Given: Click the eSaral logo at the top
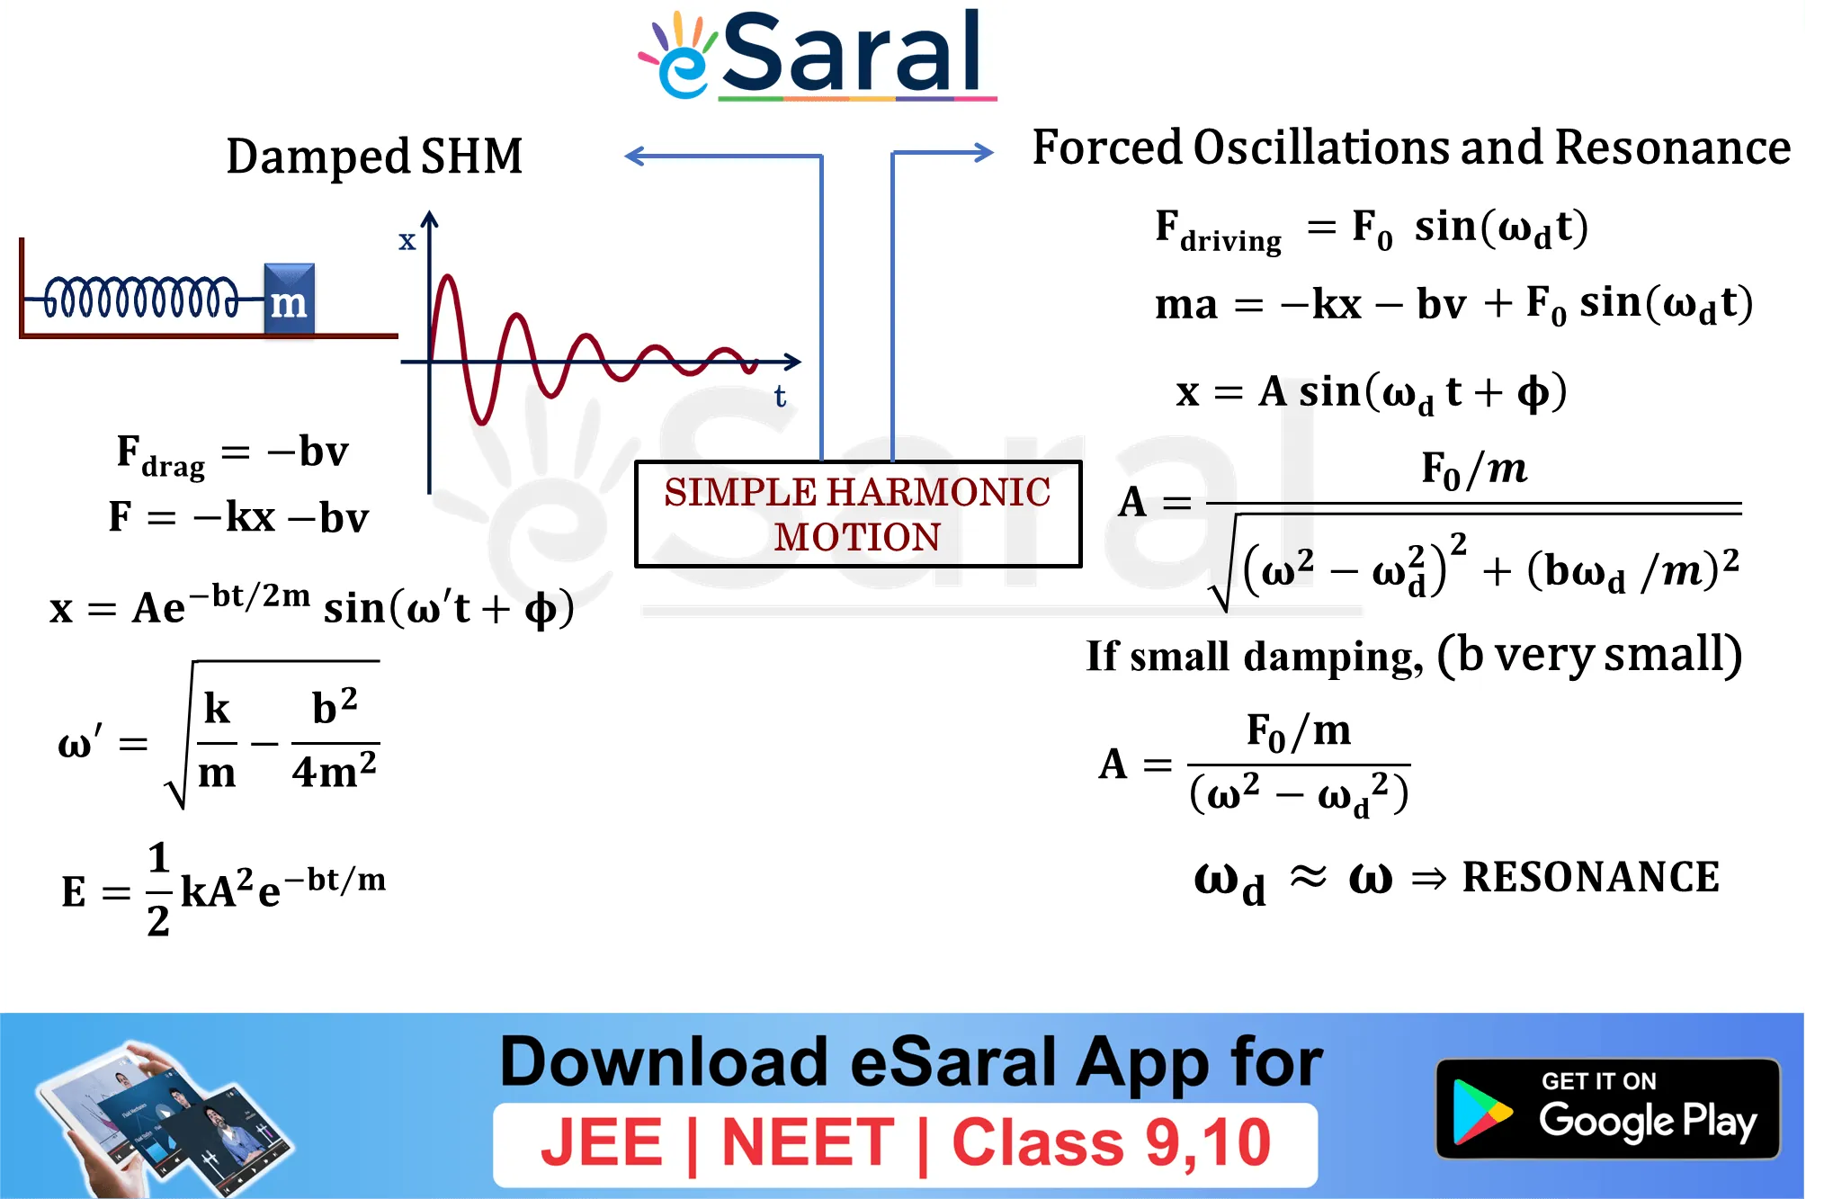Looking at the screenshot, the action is [817, 54].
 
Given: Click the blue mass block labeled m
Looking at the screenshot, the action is [289, 300].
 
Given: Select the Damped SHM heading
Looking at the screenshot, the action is [374, 157].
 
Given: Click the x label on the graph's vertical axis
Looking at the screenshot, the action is [407, 240].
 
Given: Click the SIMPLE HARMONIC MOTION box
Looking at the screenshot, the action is [858, 514].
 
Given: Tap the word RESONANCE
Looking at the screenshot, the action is [1591, 877].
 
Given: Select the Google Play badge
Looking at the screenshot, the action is [1608, 1108].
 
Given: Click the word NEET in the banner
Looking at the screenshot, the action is [808, 1142].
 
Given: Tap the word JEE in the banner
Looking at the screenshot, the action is [601, 1142].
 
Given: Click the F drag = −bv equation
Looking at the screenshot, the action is [232, 454].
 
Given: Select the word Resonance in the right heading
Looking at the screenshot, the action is [1673, 148].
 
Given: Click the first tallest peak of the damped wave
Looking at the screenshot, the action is [447, 277].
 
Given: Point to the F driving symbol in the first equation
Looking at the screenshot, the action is [1218, 231].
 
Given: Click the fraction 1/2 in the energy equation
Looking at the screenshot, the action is [158, 889].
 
